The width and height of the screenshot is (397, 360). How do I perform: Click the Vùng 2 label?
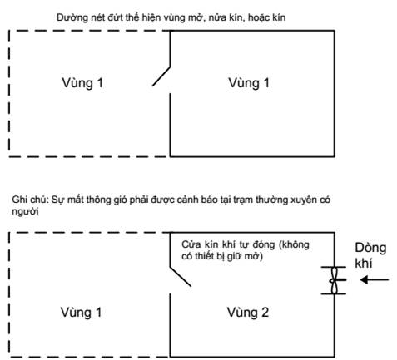(248, 313)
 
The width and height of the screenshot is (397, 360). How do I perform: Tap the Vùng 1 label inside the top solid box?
(249, 83)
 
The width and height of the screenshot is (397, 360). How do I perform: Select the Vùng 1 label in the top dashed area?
(82, 83)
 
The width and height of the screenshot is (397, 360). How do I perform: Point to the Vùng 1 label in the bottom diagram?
(81, 313)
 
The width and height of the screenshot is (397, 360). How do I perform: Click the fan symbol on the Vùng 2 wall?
(334, 280)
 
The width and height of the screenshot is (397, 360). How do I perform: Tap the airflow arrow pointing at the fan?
(375, 280)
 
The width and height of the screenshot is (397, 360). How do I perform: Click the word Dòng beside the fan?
(370, 248)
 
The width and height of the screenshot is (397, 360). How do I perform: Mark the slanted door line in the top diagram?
(161, 76)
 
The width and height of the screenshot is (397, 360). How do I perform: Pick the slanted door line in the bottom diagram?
(181, 276)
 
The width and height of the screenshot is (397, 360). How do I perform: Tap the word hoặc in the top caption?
(258, 17)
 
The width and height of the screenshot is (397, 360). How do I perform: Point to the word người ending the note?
(25, 212)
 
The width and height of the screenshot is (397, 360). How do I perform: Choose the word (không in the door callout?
(294, 244)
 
